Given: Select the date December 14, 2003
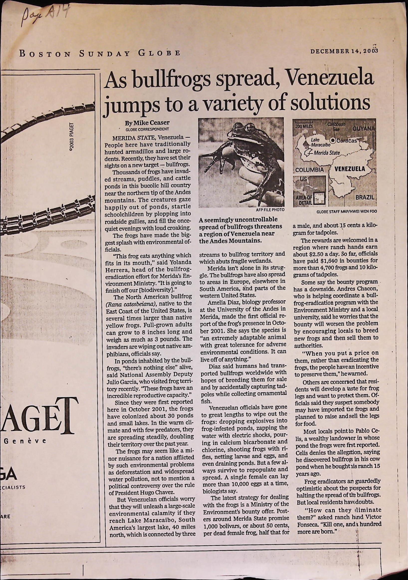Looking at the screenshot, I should point(344,51).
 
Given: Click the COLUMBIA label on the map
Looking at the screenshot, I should point(309,170).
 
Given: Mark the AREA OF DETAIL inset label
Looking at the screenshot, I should point(306,200).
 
